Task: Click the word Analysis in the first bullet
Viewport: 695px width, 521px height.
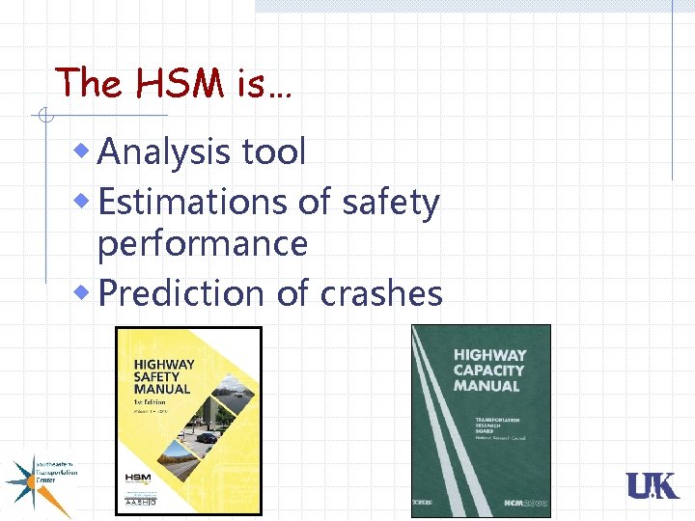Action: click(x=162, y=151)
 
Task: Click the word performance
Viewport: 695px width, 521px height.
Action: click(x=203, y=244)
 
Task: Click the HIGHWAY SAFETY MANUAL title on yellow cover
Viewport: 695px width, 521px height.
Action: click(x=164, y=377)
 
